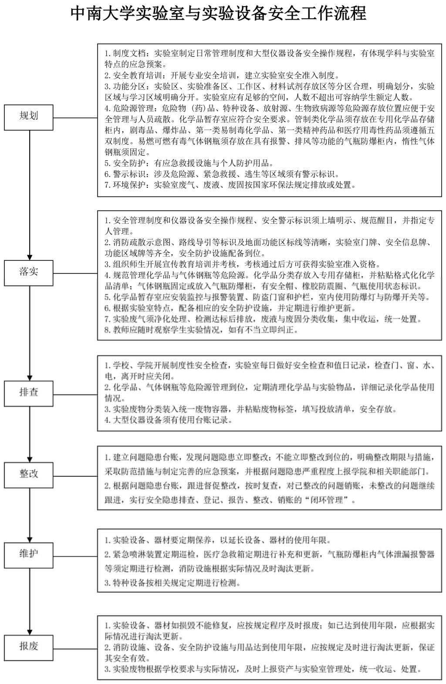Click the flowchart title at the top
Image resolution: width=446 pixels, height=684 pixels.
click(218, 13)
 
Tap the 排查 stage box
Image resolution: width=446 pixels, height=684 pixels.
click(29, 392)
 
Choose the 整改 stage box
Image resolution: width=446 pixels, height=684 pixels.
click(29, 474)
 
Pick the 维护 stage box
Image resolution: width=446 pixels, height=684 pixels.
click(29, 554)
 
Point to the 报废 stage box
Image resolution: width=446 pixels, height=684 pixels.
click(29, 646)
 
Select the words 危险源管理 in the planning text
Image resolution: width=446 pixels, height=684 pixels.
click(131, 108)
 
